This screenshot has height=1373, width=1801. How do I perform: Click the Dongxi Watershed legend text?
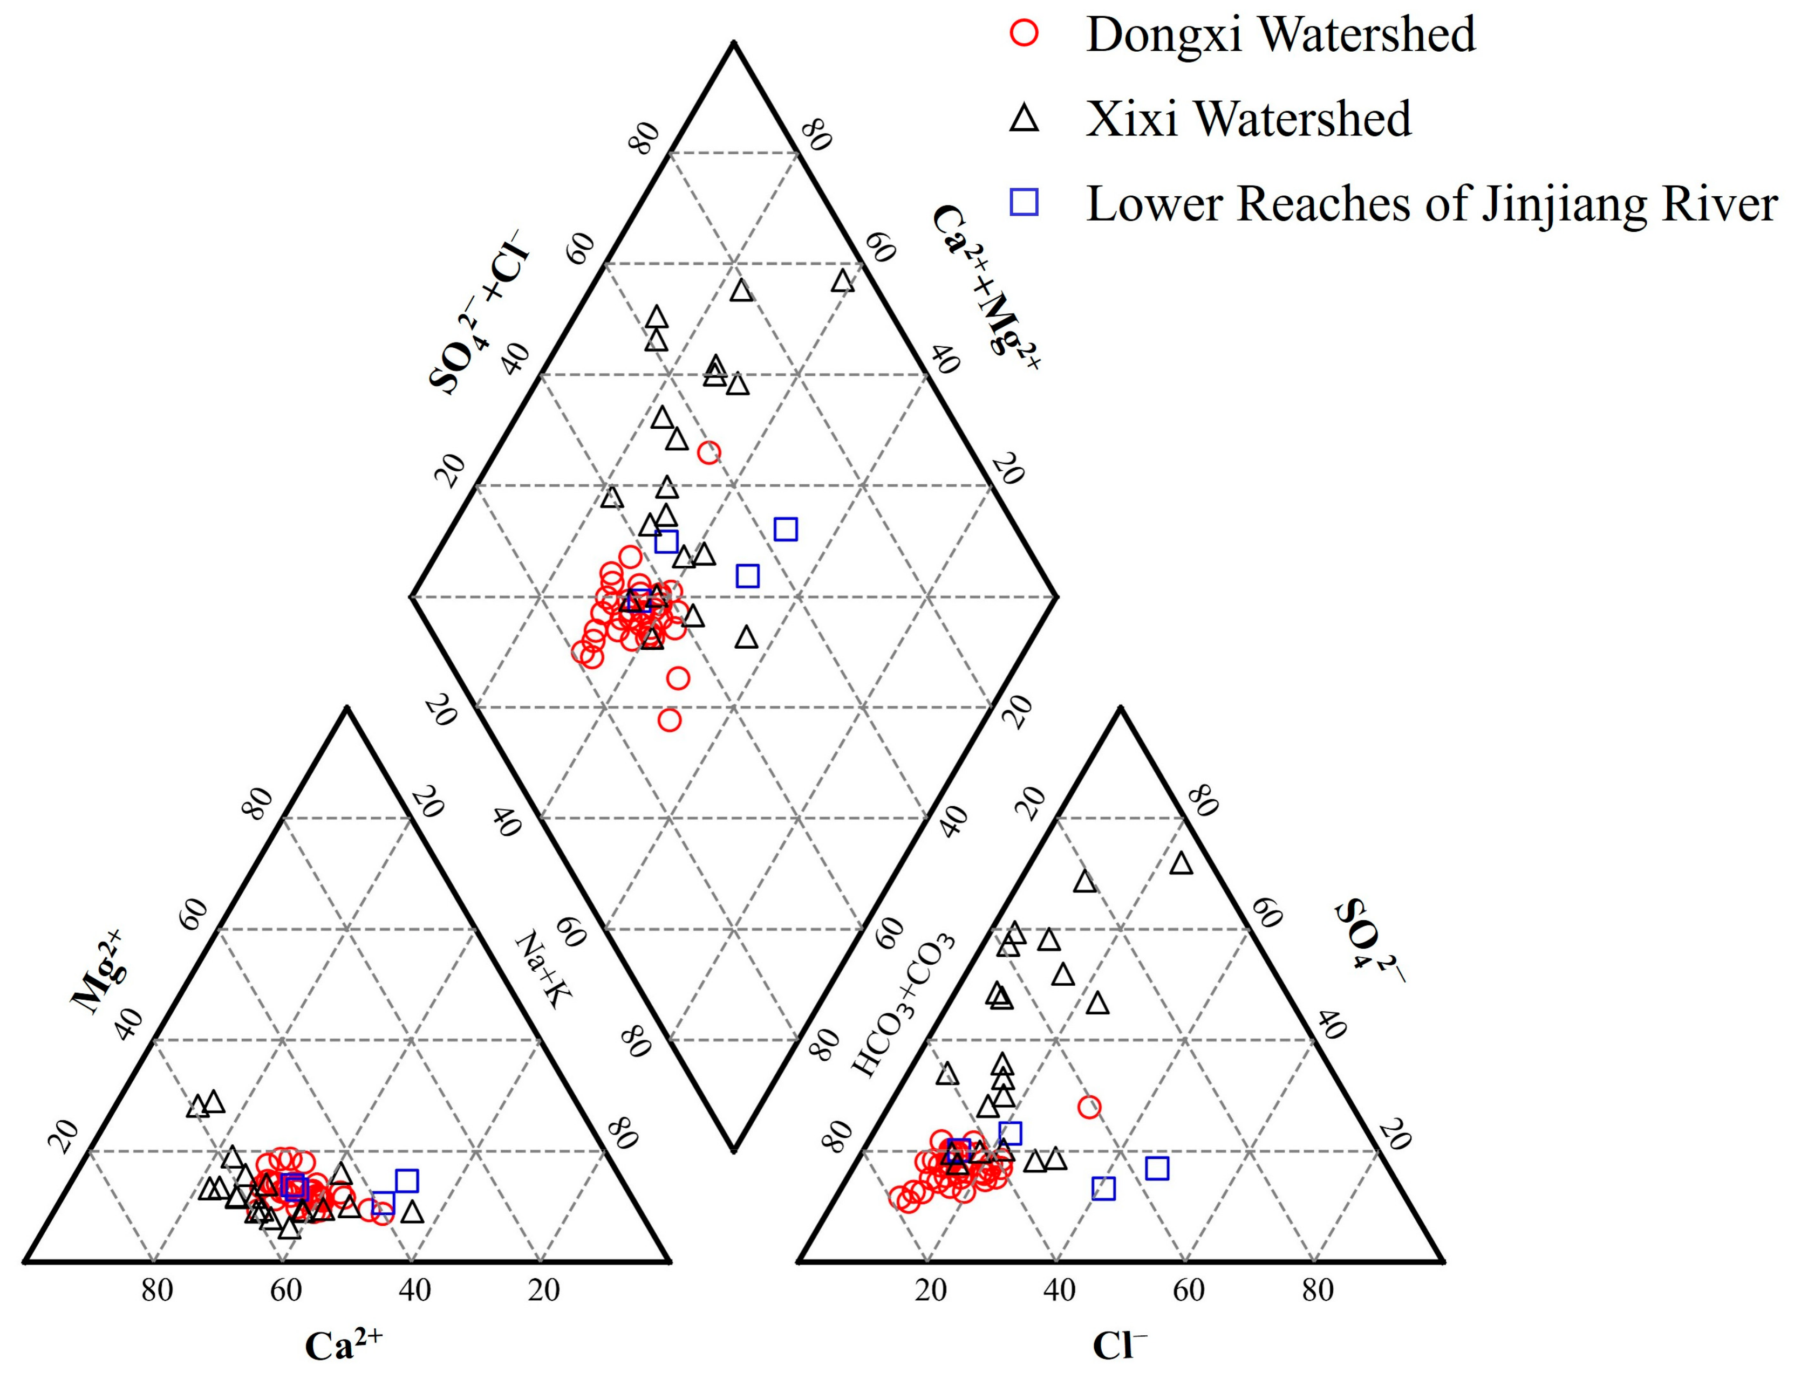1280,35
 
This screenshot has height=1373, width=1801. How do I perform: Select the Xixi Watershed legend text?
1249,119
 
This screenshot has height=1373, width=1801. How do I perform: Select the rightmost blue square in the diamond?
786,530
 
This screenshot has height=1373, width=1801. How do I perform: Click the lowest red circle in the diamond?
670,720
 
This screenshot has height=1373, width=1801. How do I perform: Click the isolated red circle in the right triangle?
1089,1107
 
